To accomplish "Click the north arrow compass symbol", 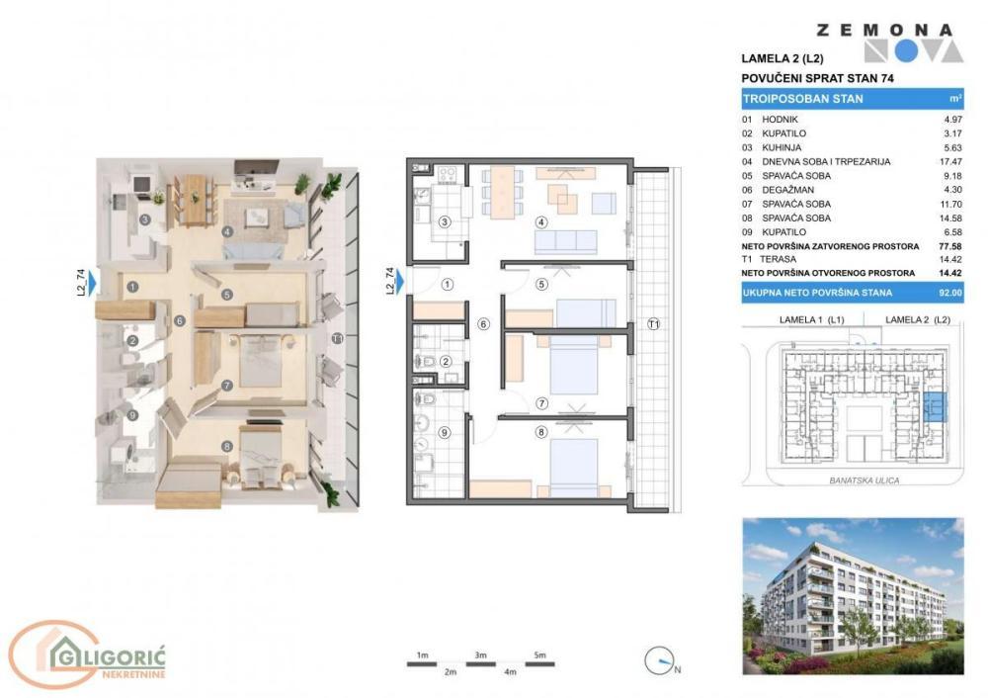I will (x=659, y=660).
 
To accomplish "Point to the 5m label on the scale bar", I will (x=538, y=655).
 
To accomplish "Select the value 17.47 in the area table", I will (x=951, y=161).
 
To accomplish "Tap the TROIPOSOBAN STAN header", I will (x=802, y=99).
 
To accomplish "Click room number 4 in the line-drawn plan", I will (x=541, y=221).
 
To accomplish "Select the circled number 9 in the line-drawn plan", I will (x=445, y=431).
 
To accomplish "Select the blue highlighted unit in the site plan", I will (x=934, y=406).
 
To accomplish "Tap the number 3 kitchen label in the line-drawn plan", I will (x=445, y=221).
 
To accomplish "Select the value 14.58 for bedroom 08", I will (x=951, y=218).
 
